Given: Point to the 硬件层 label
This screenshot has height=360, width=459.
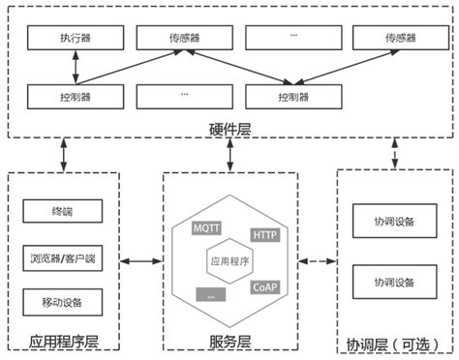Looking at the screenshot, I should [229, 129].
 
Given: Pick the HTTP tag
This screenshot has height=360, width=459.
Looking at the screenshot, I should [264, 234].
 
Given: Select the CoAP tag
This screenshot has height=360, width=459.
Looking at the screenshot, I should [264, 286].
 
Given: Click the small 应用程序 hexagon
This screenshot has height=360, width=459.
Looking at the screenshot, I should [229, 260].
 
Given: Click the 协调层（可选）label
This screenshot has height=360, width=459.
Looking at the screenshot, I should [393, 343].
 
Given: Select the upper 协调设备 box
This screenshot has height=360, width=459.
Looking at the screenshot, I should [393, 221].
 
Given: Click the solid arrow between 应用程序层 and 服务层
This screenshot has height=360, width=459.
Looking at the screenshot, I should [141, 260].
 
